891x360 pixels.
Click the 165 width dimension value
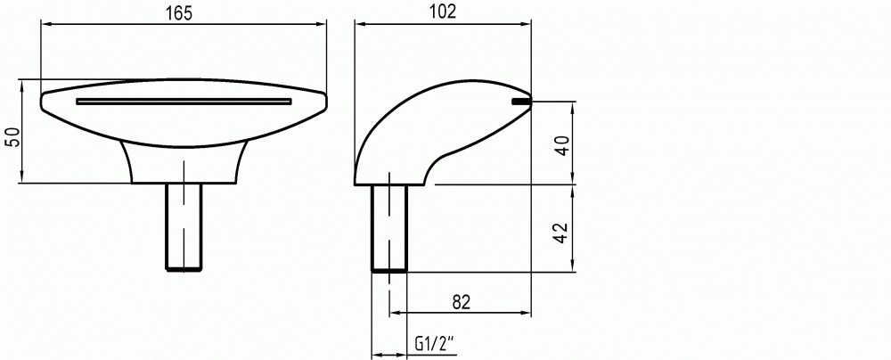(179, 13)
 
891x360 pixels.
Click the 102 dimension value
(443, 12)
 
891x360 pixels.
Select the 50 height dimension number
(12, 137)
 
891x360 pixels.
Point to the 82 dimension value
(462, 303)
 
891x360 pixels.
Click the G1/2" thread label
(436, 343)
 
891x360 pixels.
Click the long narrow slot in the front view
(184, 102)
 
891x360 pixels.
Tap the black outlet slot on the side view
(521, 102)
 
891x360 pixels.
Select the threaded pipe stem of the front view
(184, 225)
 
